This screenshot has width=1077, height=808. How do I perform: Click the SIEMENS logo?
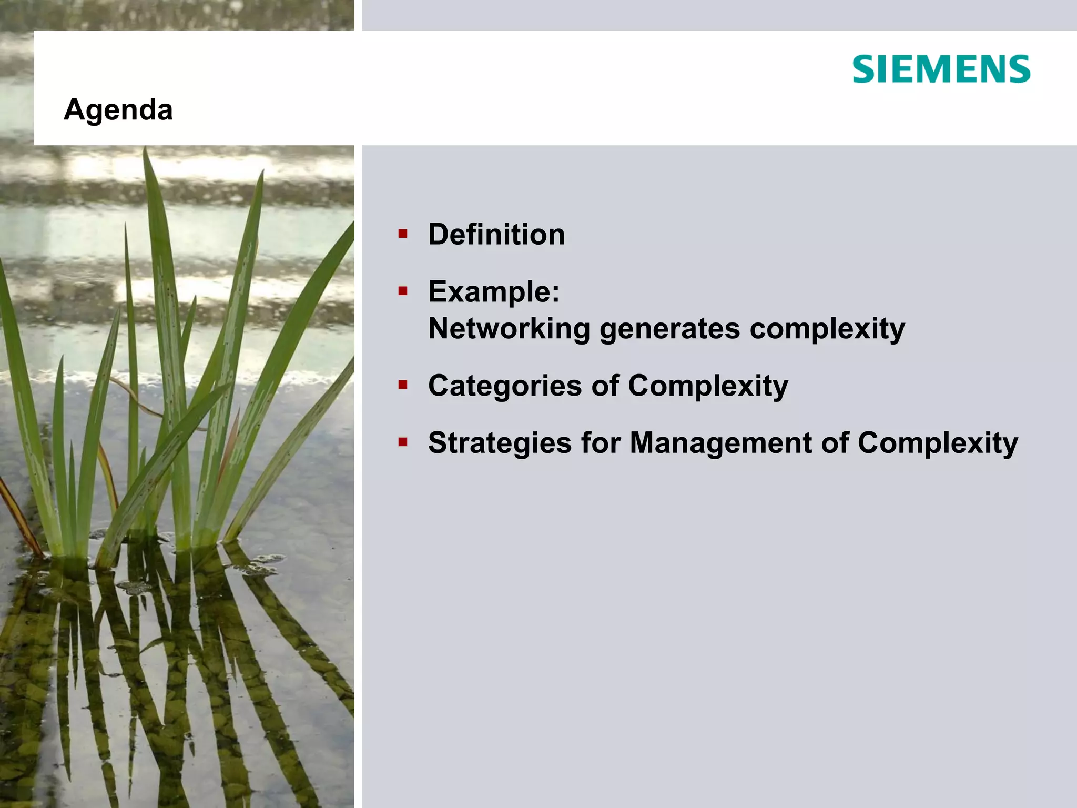pyautogui.click(x=941, y=69)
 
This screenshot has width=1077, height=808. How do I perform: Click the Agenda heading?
pyautogui.click(x=118, y=110)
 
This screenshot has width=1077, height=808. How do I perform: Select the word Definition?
pyautogui.click(x=496, y=234)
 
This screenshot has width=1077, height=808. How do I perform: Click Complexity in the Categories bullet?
pyautogui.click(x=708, y=386)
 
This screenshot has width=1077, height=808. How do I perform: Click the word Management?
pyautogui.click(x=720, y=443)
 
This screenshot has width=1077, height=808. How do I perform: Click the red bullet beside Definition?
pyautogui.click(x=403, y=234)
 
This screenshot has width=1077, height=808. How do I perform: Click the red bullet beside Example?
pyautogui.click(x=403, y=291)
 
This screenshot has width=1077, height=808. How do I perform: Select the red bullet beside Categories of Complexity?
pyautogui.click(x=403, y=385)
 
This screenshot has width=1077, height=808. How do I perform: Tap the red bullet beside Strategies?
pyautogui.click(x=403, y=442)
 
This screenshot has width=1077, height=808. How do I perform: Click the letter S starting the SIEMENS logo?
pyautogui.click(x=863, y=69)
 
